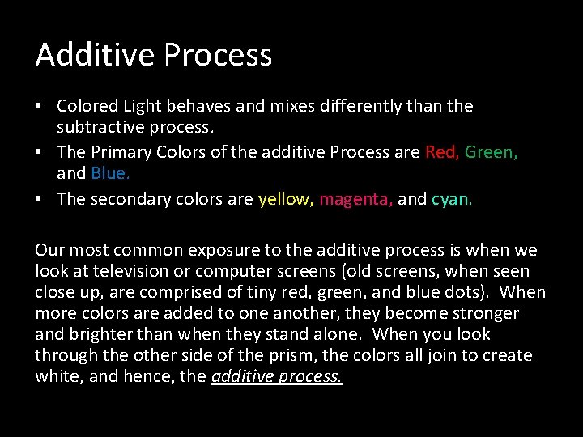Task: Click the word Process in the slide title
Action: pyautogui.click(x=218, y=55)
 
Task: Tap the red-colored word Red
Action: pyautogui.click(x=442, y=152)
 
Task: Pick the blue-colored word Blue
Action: pyautogui.click(x=110, y=173)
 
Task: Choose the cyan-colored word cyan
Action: pyautogui.click(x=452, y=199)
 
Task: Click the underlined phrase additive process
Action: pyautogui.click(x=277, y=376)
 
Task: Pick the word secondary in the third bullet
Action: pyautogui.click(x=129, y=199)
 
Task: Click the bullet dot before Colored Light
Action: pyautogui.click(x=40, y=107)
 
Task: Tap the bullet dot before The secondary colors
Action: pyautogui.click(x=40, y=200)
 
